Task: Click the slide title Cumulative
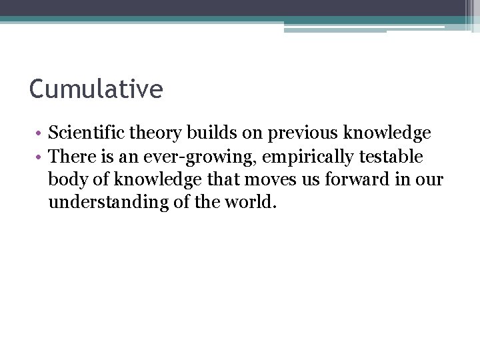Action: pyautogui.click(x=96, y=89)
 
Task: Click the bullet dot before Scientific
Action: pyautogui.click(x=41, y=134)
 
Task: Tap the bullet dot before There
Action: pyautogui.click(x=41, y=157)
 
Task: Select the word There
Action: pyautogui.click(x=70, y=157)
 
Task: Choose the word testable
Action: pyautogui.click(x=392, y=157)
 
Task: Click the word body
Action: pyautogui.click(x=65, y=180)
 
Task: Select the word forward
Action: pyautogui.click(x=345, y=180)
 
